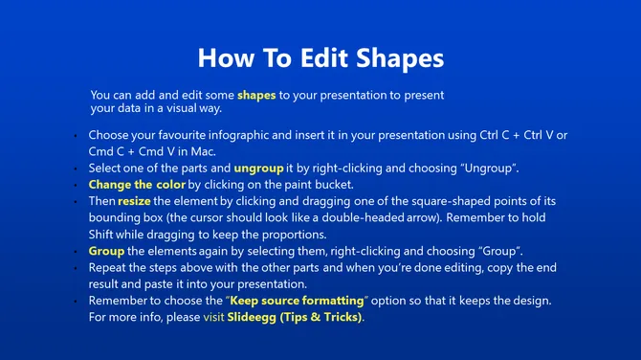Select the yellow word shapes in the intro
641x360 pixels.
(x=256, y=96)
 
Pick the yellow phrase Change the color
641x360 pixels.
(x=137, y=184)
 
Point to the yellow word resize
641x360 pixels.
(x=134, y=201)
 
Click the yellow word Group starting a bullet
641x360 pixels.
(x=107, y=251)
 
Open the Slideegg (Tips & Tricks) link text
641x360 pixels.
(x=295, y=317)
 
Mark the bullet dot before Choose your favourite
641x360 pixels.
(x=76, y=136)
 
